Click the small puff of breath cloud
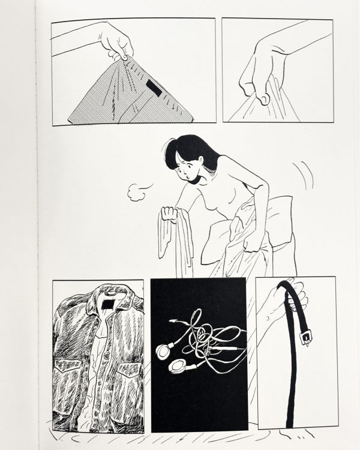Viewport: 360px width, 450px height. coord(139,192)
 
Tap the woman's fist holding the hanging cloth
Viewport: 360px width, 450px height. coord(170,214)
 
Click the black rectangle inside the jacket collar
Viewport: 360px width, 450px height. coord(109,305)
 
